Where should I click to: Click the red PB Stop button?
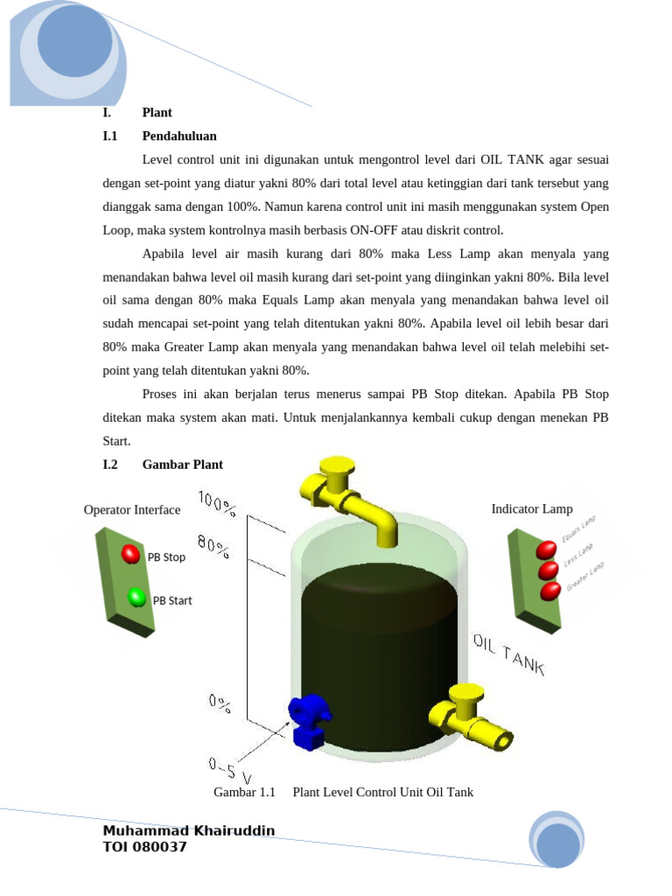click(130, 554)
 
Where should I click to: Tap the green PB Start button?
click(136, 598)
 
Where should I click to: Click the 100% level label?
click(218, 503)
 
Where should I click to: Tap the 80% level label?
click(214, 548)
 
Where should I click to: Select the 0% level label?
click(220, 703)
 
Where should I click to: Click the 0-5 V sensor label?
click(230, 770)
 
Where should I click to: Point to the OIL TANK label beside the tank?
click(509, 654)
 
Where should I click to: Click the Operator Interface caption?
click(132, 510)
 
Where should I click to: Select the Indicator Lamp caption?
click(532, 508)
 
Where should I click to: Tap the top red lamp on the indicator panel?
click(546, 549)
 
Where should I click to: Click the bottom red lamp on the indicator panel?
click(550, 591)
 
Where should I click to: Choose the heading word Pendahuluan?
click(179, 136)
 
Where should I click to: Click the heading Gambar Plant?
click(182, 465)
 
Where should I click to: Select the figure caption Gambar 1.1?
click(244, 792)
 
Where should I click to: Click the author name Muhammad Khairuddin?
click(189, 830)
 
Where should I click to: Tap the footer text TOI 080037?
click(144, 847)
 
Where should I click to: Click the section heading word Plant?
click(157, 113)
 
